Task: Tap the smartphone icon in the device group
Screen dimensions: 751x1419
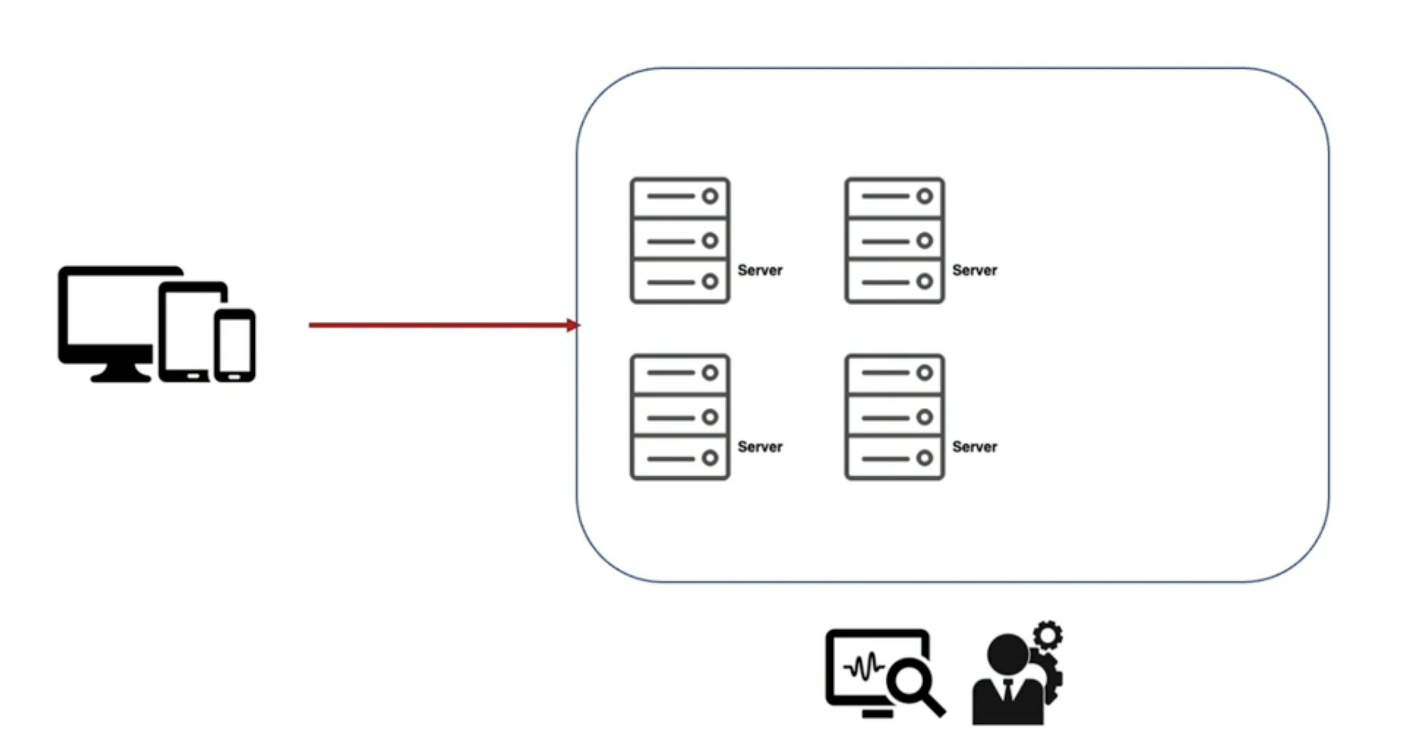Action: click(x=235, y=345)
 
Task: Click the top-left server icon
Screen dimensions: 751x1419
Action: click(x=680, y=241)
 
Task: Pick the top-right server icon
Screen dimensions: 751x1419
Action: click(x=894, y=241)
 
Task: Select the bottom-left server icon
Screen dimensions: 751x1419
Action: click(x=680, y=417)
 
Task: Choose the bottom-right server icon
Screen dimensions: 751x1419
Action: click(x=894, y=417)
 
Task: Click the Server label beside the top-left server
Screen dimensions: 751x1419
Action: click(x=759, y=270)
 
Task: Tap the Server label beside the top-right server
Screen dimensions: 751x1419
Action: click(x=975, y=270)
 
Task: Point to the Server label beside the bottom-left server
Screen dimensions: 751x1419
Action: click(x=759, y=446)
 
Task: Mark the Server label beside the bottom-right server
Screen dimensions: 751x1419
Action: click(x=975, y=446)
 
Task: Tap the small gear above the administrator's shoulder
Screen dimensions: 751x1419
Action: click(x=1048, y=636)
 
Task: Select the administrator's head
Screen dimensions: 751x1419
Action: click(x=1008, y=654)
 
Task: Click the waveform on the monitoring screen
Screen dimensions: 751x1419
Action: click(x=864, y=668)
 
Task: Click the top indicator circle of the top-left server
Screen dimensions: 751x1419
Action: click(x=710, y=197)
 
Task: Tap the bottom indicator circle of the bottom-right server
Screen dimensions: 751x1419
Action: click(x=924, y=458)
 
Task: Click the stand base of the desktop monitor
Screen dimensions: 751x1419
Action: click(x=121, y=377)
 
